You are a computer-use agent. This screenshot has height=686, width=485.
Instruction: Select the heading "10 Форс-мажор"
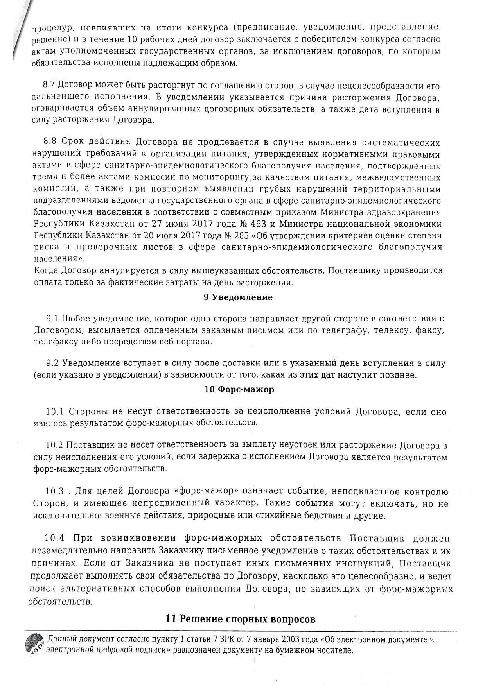tap(239, 389)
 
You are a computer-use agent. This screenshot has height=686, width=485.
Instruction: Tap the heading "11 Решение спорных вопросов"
tap(241, 619)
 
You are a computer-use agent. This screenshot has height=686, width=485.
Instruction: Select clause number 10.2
tap(54, 445)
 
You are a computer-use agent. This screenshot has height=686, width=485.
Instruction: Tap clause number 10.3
tap(54, 491)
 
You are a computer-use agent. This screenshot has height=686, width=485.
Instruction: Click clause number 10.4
tap(54, 538)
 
